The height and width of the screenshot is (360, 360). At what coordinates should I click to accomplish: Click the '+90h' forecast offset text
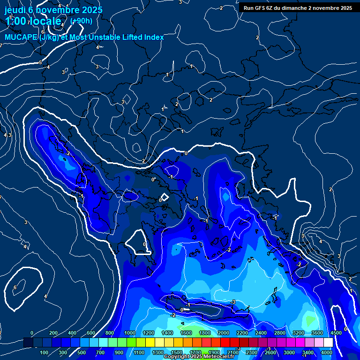tap(81, 21)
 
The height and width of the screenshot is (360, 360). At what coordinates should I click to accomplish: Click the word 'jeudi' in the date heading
tap(15, 10)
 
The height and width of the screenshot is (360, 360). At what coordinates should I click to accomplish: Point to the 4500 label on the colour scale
tap(336, 333)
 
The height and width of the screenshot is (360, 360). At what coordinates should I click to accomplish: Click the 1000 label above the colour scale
tap(129, 333)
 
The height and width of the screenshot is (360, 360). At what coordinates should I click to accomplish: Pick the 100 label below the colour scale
tap(45, 352)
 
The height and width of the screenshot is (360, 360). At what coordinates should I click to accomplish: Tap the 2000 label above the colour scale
tap(223, 333)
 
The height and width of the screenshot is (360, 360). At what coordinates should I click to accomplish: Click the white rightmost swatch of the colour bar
tap(328, 343)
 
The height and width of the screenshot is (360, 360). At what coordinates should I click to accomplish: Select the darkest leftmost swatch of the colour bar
tap(28, 343)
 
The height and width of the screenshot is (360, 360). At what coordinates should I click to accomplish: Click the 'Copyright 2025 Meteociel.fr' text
tap(199, 357)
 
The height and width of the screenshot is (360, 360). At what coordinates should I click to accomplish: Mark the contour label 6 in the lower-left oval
tap(15, 287)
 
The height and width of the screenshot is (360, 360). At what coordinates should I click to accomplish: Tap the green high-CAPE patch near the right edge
tap(309, 320)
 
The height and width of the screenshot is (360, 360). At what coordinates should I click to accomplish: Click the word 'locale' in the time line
tap(45, 21)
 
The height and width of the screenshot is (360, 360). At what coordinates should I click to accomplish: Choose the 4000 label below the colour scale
tap(327, 352)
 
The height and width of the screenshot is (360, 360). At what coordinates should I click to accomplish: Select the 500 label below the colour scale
tap(82, 352)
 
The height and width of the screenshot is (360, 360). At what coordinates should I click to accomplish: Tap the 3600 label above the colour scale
tap(317, 333)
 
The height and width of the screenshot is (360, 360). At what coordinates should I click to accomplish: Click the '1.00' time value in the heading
tap(16, 21)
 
